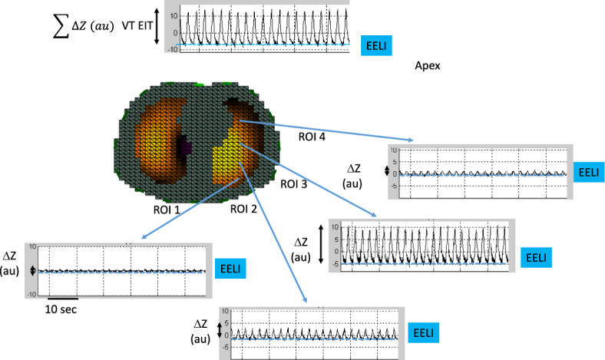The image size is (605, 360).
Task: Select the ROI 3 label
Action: click(x=294, y=184)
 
